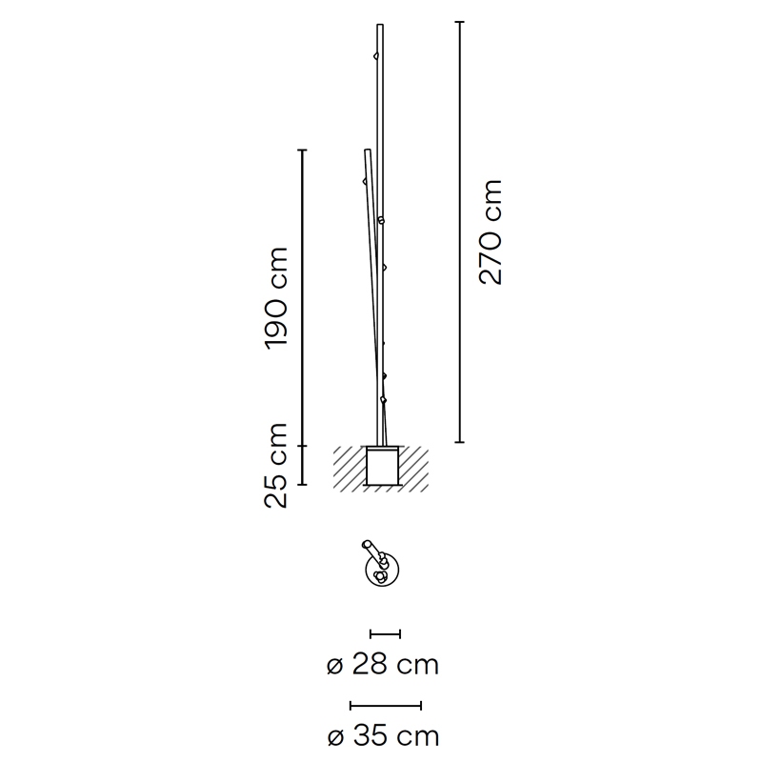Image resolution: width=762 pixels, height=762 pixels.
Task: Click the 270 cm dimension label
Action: click(x=490, y=231)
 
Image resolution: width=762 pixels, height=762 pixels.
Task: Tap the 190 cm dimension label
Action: click(x=276, y=298)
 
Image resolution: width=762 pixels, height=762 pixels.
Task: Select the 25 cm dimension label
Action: click(x=276, y=466)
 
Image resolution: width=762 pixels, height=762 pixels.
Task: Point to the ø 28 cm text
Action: click(x=383, y=664)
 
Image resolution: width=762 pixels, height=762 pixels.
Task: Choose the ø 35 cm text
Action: click(x=384, y=735)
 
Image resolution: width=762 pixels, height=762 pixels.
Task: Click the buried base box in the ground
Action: click(x=383, y=466)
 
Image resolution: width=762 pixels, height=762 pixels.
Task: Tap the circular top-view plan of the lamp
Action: click(x=382, y=569)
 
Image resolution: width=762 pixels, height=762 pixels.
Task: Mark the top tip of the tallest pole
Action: click(x=380, y=25)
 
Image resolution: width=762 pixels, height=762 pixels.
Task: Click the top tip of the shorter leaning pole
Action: click(x=368, y=150)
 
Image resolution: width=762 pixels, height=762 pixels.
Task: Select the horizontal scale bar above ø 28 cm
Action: click(x=385, y=633)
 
